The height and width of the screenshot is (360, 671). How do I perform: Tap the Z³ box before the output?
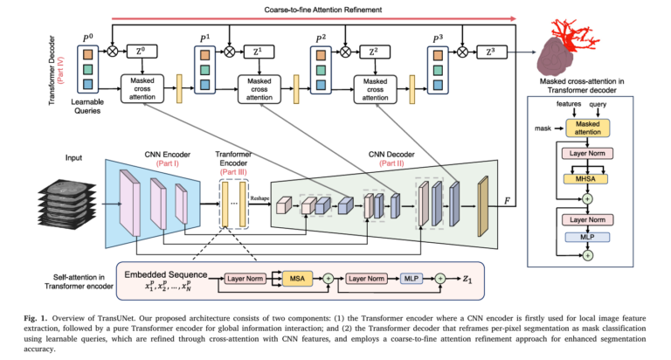click(491, 52)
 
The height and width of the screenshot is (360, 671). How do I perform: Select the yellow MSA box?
click(297, 279)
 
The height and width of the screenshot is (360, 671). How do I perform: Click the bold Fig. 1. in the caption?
click(44, 313)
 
